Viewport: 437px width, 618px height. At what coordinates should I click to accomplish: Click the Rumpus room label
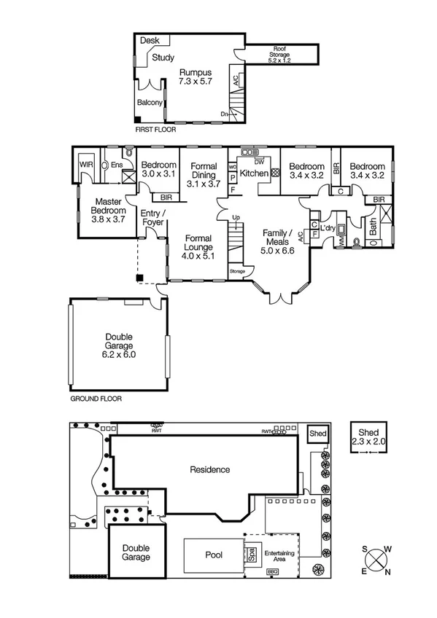(x=196, y=73)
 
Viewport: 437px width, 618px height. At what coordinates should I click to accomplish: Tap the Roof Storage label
(x=280, y=50)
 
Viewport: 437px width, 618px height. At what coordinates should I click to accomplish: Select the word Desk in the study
(x=150, y=41)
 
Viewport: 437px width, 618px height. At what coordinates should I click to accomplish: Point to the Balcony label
(x=150, y=103)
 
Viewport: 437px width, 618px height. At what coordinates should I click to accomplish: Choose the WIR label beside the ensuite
(x=85, y=165)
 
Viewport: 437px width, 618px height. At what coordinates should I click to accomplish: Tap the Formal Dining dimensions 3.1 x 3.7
(x=203, y=185)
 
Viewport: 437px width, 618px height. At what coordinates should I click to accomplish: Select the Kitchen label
(x=254, y=173)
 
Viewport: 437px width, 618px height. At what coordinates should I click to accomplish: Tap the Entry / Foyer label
(x=153, y=217)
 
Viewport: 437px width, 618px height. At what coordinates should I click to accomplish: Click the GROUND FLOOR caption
(x=96, y=399)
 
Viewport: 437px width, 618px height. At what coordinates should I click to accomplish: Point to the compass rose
(x=376, y=560)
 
